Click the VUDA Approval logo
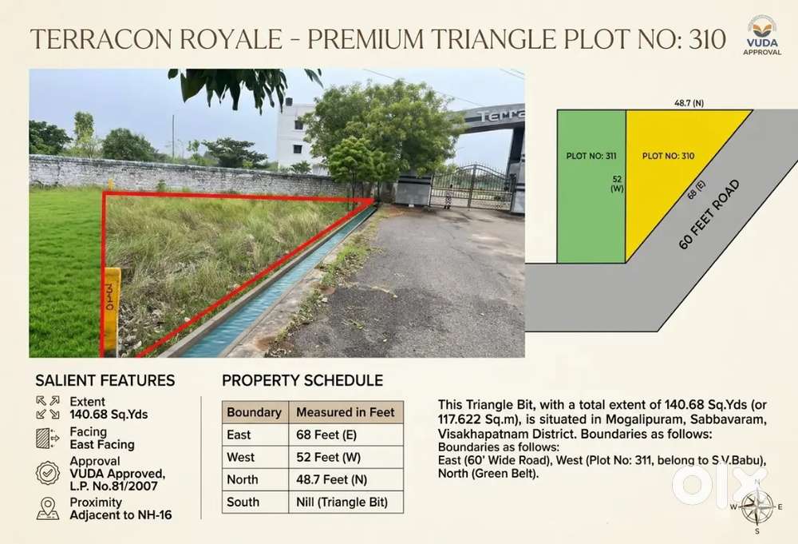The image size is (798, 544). point(762,34)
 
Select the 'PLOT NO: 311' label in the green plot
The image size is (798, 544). point(591,156)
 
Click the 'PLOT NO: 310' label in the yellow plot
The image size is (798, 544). point(668,156)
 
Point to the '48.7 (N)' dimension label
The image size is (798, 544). point(689,103)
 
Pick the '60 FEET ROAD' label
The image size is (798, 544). point(709,214)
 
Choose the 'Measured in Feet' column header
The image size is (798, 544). point(346,412)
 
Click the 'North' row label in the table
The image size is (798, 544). point(243,480)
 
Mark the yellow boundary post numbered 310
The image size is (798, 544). point(112,312)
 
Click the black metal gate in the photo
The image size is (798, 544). point(470,187)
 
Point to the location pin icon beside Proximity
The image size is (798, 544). point(48,508)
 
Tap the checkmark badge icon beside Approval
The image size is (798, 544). point(48,473)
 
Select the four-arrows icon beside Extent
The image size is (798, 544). point(48,407)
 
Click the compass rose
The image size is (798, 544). point(757,506)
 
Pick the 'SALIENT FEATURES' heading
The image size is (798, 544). point(105,380)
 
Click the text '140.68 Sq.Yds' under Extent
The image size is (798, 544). point(109,415)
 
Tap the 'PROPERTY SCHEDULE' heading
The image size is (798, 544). point(302,380)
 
